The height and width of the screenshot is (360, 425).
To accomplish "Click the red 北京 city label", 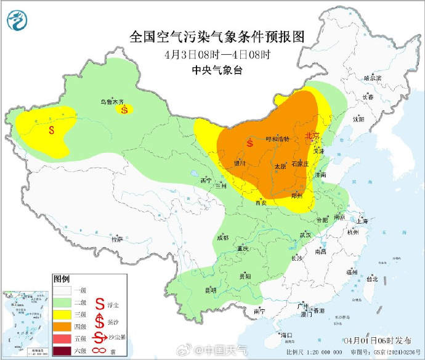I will click(312, 136).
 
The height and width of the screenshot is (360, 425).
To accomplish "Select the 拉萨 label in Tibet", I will click(117, 239).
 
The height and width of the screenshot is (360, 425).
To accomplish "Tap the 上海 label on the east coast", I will click(362, 221).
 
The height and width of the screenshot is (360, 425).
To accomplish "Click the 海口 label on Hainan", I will click(285, 335).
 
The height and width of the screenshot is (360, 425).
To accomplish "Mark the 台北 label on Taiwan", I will click(371, 279).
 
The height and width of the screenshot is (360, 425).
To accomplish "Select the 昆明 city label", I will click(211, 290).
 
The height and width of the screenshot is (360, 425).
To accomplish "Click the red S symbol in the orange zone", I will click(249, 143).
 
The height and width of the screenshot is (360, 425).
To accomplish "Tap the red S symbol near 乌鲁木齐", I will click(125, 110).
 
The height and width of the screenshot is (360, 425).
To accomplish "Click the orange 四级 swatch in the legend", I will click(62, 324).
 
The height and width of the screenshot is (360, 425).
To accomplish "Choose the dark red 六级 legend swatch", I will click(62, 351).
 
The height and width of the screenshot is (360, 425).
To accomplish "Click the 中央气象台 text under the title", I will click(217, 71).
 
